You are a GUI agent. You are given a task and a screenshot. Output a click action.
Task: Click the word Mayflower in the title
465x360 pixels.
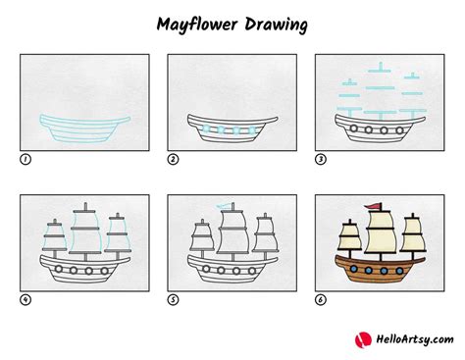(197, 25)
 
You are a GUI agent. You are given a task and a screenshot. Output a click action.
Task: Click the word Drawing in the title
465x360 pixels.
(276, 26)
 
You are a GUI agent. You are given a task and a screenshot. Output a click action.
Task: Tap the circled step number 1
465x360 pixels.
(26, 160)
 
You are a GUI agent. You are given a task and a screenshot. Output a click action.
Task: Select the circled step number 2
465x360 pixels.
(173, 160)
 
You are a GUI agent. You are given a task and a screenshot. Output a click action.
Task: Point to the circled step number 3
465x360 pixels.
(321, 160)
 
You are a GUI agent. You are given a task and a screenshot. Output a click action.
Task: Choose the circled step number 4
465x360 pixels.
(26, 300)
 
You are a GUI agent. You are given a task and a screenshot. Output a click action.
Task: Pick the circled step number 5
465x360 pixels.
(173, 300)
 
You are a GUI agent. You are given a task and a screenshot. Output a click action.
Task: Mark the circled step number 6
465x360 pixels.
(321, 300)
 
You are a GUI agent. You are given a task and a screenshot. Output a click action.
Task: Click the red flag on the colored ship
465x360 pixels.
(373, 206)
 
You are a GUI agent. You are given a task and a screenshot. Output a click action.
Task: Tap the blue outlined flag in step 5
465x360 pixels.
(225, 206)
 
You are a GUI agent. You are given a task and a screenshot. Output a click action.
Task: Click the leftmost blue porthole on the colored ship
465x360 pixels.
(353, 269)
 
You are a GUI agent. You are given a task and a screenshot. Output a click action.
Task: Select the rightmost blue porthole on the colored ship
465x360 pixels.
(399, 271)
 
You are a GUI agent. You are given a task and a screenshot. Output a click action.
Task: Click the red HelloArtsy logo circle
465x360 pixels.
(363, 339)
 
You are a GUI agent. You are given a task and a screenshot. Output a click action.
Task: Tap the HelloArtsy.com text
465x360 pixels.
(415, 339)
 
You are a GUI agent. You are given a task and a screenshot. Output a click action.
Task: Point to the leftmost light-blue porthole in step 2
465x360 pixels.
(206, 129)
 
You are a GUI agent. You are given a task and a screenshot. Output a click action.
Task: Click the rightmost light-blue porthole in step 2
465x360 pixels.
(252, 130)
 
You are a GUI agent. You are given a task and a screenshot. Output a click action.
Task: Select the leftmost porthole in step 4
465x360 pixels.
(59, 269)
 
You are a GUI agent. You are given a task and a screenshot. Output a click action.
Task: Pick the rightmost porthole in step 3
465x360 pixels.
(399, 130)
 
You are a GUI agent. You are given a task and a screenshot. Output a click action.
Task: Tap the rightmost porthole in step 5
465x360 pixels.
(252, 271)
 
